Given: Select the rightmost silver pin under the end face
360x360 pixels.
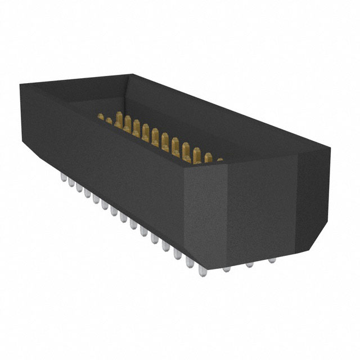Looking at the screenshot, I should [x=272, y=260].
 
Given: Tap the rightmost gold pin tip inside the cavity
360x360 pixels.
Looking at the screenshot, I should [x=219, y=160].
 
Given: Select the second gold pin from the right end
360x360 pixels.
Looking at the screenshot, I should [x=208, y=156].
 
